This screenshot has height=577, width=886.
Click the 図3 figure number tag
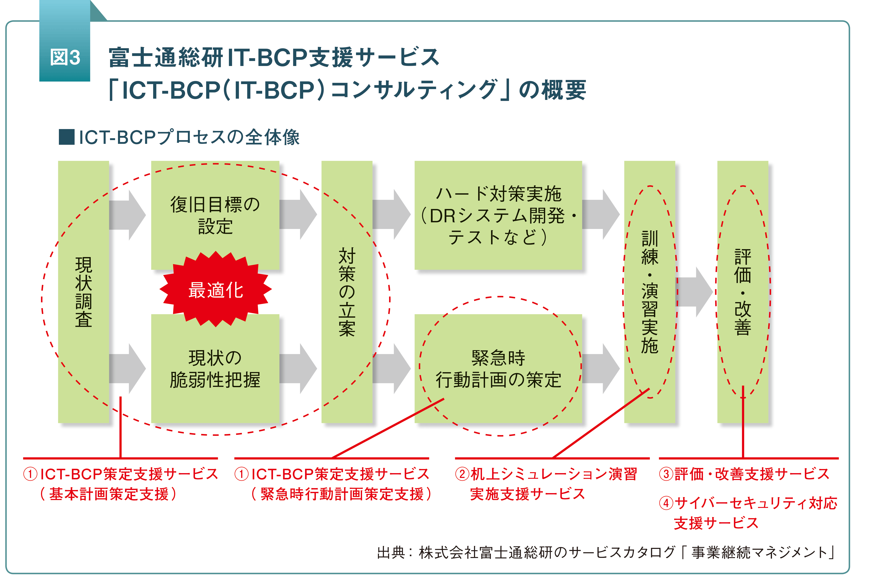point(65,58)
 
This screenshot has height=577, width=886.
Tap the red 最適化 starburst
point(216,289)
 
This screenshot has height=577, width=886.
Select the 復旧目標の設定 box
point(215,215)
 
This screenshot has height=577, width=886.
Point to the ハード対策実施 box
point(498,215)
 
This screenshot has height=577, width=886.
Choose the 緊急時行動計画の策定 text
point(499,369)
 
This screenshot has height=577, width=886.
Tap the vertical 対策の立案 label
point(347,292)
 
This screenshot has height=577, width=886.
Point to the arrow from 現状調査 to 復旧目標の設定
point(127,215)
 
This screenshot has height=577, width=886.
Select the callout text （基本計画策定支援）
point(108,494)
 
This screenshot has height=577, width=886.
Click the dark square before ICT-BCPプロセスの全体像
point(67,137)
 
